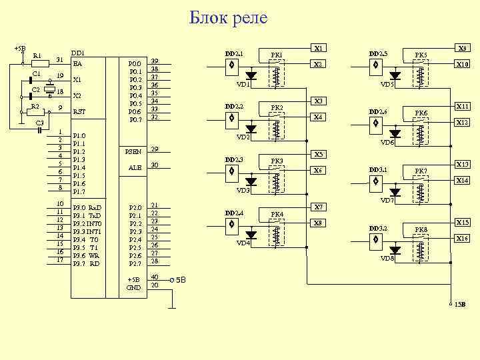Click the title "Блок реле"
pos(229,18)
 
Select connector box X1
pos(319,48)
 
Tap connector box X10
pos(461,65)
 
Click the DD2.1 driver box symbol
pos(231,65)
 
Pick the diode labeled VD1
pos(251,75)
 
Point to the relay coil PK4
pos(277,235)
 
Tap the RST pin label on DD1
pos(79,112)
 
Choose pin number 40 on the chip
pos(155,276)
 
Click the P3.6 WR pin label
pos(86,255)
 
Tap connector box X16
pos(461,238)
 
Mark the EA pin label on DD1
pos(77,64)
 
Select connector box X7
pos(319,207)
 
